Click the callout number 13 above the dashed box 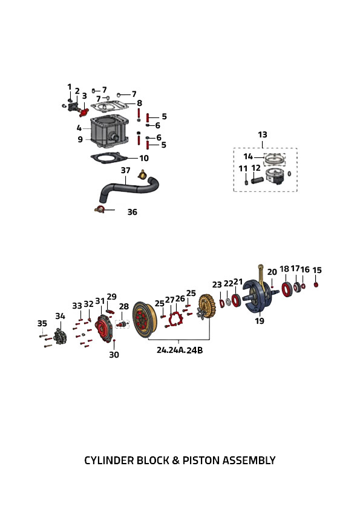tap(263, 134)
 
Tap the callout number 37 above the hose tap(126, 170)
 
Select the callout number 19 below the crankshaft tap(260, 321)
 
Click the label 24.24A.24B tap(180, 350)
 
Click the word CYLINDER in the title tap(109, 461)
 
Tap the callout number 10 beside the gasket tap(144, 158)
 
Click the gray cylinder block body tap(110, 131)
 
